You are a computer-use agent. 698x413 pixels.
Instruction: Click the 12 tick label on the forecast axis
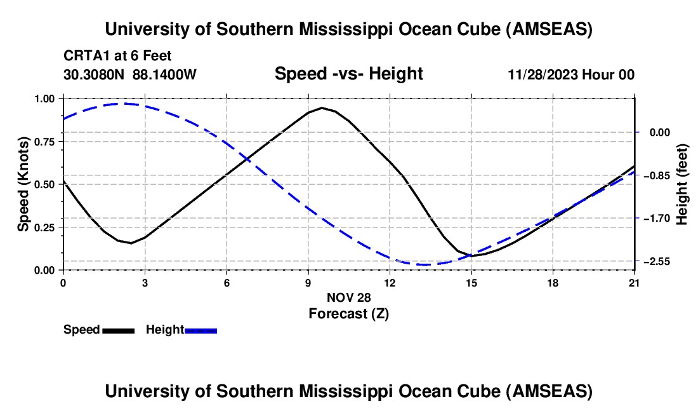click(x=390, y=283)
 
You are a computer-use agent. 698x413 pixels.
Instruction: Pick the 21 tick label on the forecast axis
click(x=635, y=283)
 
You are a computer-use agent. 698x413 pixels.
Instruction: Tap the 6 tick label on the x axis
click(x=227, y=283)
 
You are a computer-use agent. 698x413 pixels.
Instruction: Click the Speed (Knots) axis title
click(x=23, y=184)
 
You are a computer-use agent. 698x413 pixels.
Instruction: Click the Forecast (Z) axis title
click(x=348, y=313)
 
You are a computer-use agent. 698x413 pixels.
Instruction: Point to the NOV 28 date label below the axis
click(x=348, y=297)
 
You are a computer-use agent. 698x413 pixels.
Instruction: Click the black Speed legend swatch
click(x=118, y=330)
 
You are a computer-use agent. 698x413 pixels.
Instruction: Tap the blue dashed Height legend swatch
click(x=201, y=330)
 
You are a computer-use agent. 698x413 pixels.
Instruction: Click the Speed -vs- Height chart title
click(x=348, y=74)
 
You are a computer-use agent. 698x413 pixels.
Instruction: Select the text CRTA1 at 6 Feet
click(x=117, y=56)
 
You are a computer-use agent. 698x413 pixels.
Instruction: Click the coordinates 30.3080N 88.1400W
click(x=130, y=74)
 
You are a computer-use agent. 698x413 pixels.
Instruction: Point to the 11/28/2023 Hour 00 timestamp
click(x=571, y=74)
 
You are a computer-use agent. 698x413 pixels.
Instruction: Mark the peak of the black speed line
click(x=322, y=108)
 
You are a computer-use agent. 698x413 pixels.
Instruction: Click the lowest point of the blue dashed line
click(x=422, y=264)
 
